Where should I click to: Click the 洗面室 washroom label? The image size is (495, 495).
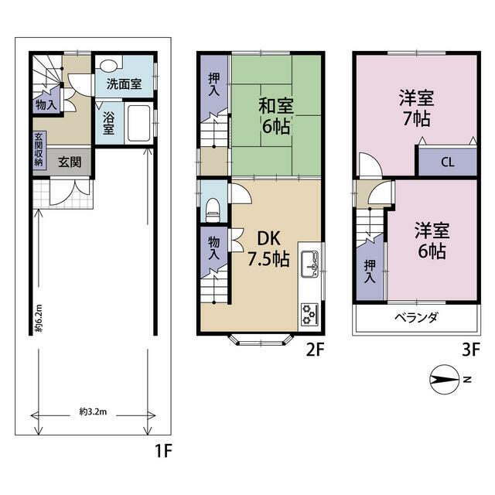coord(124,84)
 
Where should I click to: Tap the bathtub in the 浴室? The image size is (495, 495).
coord(138,123)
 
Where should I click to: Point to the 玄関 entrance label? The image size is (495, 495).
coord(70,162)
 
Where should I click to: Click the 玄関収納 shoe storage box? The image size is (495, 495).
coord(40,149)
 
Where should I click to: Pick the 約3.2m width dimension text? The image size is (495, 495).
coord(93,411)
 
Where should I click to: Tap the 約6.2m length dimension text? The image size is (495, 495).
coord(39,318)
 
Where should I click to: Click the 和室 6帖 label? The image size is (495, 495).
coord(275,116)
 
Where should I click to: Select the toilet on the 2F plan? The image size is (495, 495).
coord(213,210)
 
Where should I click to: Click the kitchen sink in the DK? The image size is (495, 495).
coord(309,265)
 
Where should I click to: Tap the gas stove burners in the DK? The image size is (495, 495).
coord(309,315)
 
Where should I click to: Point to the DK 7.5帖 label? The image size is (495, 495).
coord(268,248)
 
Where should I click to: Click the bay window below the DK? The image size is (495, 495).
coord(261,340)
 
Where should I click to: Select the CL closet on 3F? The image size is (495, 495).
coord(447,162)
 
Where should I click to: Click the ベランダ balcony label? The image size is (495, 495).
coord(416,317)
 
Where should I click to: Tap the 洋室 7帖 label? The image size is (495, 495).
coord(416,108)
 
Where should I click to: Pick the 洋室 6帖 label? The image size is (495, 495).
coord(432,241)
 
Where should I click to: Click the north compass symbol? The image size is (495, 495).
coord(445,380)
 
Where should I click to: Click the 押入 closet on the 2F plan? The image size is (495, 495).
coord(214,84)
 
